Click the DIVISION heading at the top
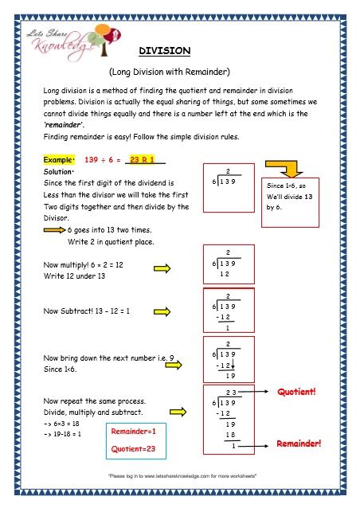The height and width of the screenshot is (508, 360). coord(165,50)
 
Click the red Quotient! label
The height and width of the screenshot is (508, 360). coord(296,393)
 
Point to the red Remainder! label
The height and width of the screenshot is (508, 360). coord(299,443)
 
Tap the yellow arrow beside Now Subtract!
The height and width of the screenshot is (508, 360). coord(165,311)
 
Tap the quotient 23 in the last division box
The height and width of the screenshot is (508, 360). coord(230,393)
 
